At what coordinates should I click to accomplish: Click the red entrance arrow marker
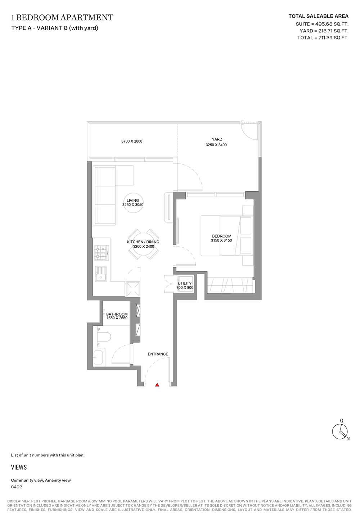(157, 385)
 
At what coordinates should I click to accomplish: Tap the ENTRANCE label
(158, 354)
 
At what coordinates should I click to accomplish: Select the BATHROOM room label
(117, 314)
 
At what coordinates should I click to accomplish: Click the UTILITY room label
(185, 283)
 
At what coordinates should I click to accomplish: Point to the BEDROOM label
(221, 236)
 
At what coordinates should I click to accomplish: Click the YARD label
(217, 139)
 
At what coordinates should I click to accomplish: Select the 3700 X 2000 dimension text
(132, 141)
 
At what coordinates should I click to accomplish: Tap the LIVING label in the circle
(133, 200)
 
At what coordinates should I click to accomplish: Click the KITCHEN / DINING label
(143, 242)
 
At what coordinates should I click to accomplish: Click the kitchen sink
(101, 274)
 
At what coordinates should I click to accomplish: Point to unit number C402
(17, 487)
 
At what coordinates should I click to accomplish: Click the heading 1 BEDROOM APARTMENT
(62, 17)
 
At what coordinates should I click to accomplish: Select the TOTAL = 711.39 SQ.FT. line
(323, 37)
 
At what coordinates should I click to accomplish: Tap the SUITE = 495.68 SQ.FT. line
(322, 24)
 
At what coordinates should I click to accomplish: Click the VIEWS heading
(19, 467)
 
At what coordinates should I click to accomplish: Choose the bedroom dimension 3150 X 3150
(221, 240)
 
